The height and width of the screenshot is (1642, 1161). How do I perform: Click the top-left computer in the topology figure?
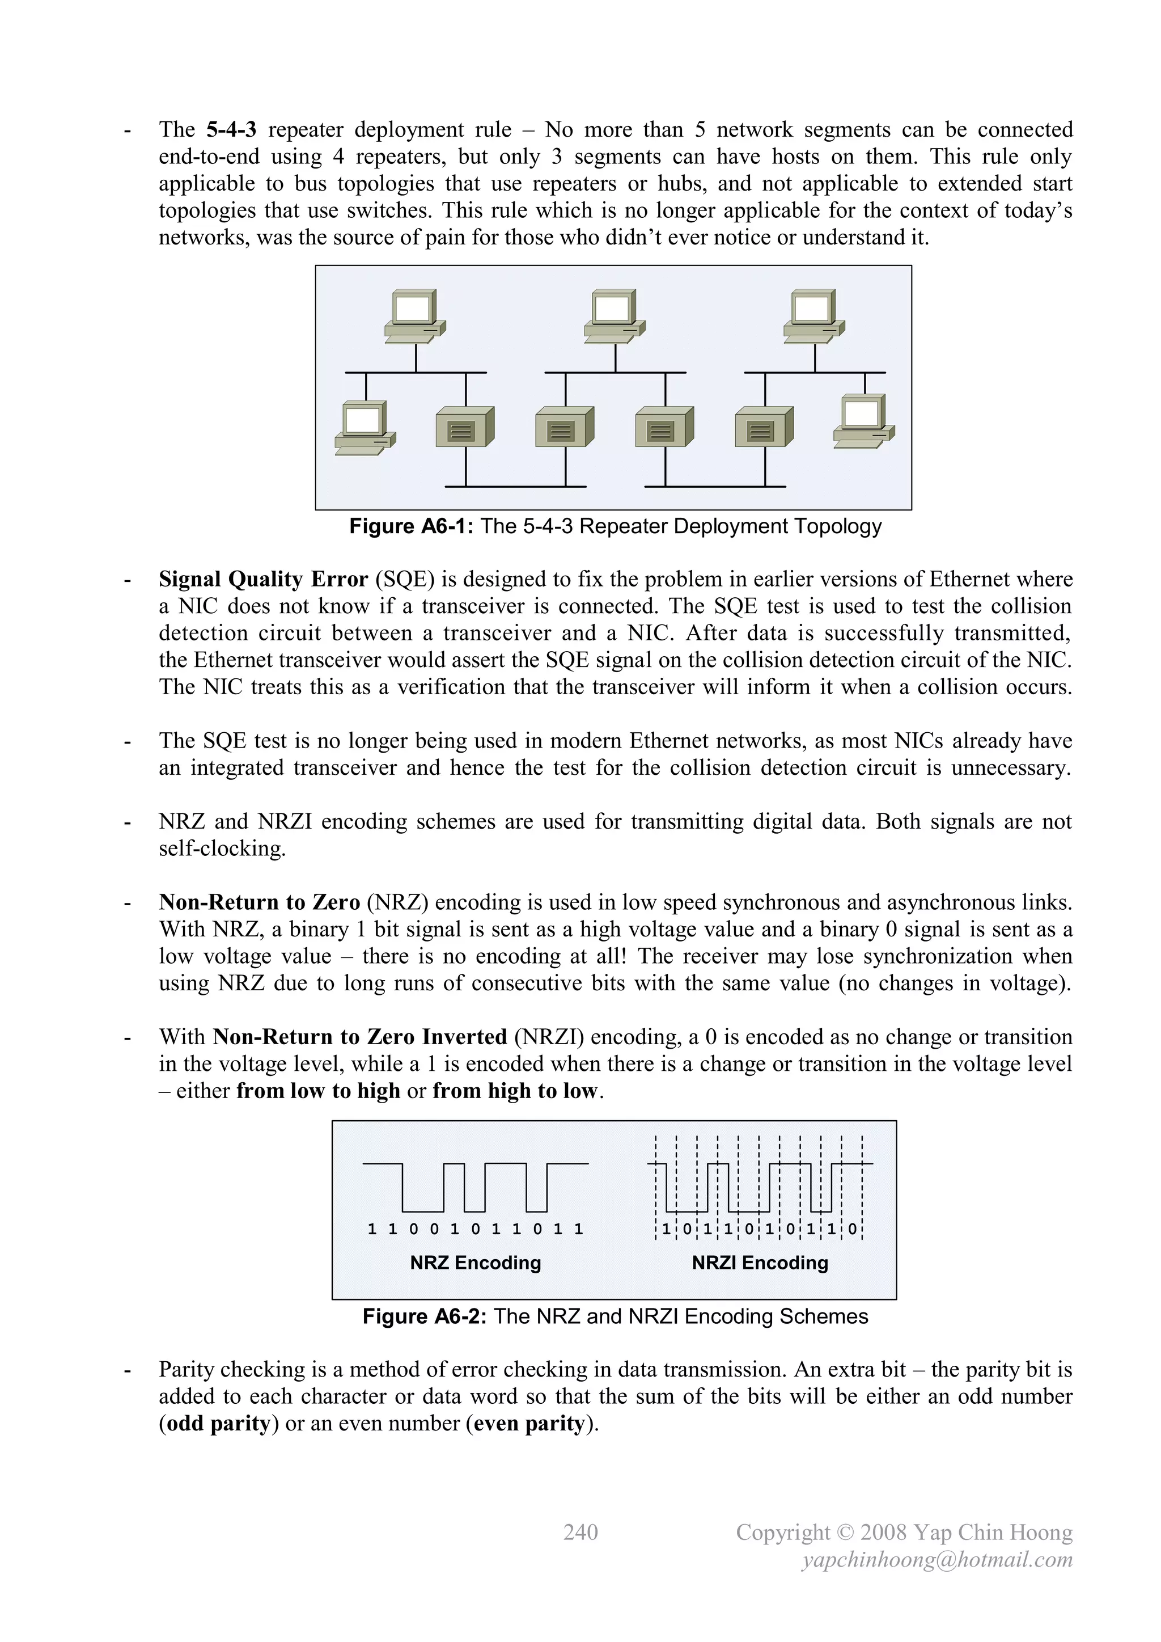pos(414,316)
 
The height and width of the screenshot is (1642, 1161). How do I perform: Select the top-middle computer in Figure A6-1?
pos(614,316)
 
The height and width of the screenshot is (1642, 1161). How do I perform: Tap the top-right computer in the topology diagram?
pos(813,316)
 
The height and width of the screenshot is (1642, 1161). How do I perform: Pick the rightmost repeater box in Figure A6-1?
pos(764,428)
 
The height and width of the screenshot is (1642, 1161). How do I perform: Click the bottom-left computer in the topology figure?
pos(365,428)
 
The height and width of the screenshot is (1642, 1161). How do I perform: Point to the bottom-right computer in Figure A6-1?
pos(863,422)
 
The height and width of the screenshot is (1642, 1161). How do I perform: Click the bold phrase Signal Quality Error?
pos(263,579)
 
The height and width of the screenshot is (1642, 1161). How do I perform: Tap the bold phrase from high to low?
pos(515,1091)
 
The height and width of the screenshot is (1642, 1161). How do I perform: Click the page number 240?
pos(580,1532)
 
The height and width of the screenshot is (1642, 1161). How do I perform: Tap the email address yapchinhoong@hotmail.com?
pos(937,1560)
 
